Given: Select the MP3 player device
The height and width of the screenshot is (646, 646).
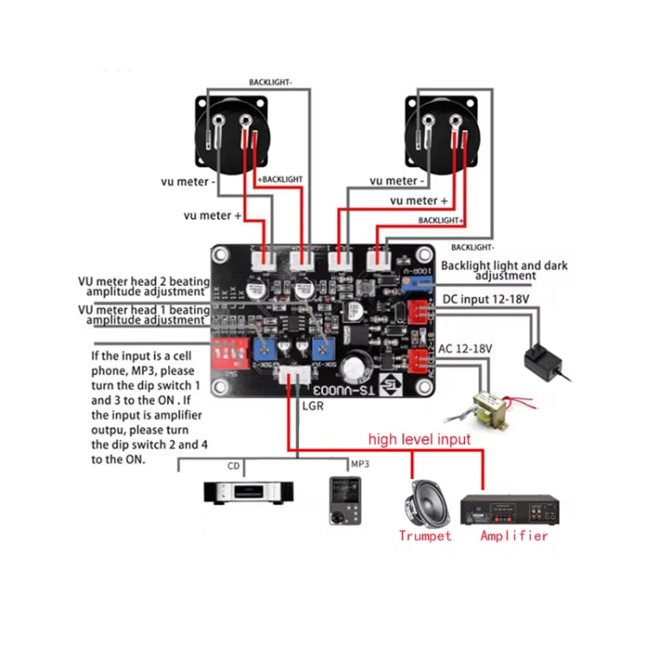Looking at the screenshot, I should click(x=340, y=500).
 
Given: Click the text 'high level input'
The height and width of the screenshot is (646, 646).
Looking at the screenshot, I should click(x=419, y=439).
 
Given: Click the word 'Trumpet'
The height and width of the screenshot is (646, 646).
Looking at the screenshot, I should click(x=425, y=536).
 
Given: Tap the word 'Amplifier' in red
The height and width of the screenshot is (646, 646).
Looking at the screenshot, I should click(x=513, y=536).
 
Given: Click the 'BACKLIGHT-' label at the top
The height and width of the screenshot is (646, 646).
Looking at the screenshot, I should click(x=271, y=83).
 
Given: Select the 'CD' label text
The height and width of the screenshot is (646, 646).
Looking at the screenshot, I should click(x=233, y=466).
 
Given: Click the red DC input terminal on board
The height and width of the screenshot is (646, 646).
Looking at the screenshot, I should click(x=416, y=311).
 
